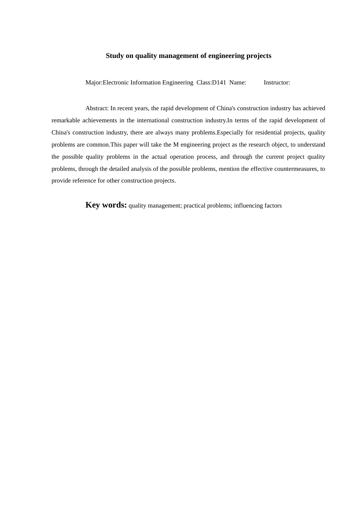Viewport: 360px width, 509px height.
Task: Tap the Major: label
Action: [94, 83]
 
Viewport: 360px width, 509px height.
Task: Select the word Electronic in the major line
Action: [116, 83]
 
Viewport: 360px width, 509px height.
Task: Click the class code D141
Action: [219, 83]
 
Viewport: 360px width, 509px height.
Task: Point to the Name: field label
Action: [238, 83]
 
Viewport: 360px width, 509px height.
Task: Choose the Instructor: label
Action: [277, 83]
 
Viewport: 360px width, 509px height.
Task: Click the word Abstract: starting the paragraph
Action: [97, 108]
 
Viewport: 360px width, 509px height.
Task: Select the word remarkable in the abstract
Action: [66, 120]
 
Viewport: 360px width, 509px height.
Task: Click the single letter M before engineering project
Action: [176, 145]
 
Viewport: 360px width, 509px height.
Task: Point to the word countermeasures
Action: [296, 169]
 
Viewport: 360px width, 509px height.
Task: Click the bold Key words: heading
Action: [106, 205]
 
